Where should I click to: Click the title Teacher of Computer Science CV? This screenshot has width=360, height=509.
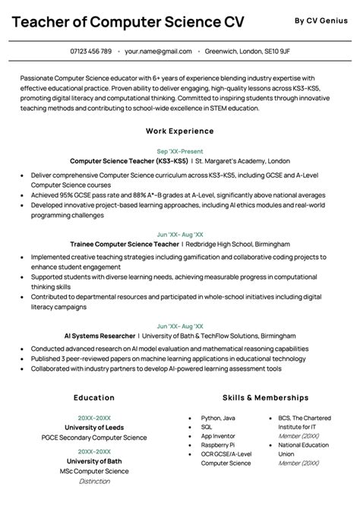point(128,22)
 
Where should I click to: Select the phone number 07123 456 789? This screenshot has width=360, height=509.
point(90,52)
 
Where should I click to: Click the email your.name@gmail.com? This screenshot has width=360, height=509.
point(158,52)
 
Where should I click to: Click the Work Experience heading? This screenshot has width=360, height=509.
point(179,131)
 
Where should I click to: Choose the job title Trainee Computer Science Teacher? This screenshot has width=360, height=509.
point(124,244)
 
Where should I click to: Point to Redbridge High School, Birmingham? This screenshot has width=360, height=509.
point(238,244)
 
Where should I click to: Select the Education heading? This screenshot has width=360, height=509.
point(94,397)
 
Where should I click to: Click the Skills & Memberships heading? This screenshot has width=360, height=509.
point(265,397)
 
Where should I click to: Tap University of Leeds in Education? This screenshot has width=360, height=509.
point(94,427)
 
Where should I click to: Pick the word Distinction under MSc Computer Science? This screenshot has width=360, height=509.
point(94,480)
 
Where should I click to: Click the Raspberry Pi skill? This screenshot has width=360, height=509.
point(217,444)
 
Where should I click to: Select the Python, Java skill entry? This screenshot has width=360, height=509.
point(218,418)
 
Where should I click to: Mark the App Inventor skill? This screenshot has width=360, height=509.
point(218,436)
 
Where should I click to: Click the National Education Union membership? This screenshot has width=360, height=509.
point(303,449)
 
